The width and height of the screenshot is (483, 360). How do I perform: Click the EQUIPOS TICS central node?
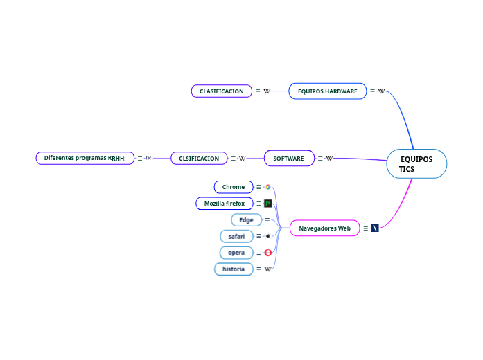click(x=416, y=164)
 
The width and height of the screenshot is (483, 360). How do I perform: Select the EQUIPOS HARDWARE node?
click(x=327, y=91)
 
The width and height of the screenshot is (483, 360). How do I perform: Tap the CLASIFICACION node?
click(x=221, y=91)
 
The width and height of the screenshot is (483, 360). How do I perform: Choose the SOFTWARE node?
click(x=288, y=159)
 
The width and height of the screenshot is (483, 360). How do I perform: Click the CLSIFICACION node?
click(x=199, y=159)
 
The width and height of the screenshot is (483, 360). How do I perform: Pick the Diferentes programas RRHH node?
click(x=85, y=158)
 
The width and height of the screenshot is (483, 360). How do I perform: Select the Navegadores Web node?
click(x=324, y=228)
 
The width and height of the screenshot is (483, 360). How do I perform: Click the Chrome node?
click(x=234, y=187)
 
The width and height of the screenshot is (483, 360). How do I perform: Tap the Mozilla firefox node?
click(x=225, y=204)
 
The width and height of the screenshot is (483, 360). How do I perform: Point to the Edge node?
click(x=246, y=220)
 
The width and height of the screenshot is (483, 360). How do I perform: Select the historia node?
click(x=234, y=269)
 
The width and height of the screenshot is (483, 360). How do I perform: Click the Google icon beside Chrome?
click(x=267, y=187)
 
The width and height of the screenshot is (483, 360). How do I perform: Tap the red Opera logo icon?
click(x=267, y=253)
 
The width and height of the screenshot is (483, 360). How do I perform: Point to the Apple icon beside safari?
click(x=267, y=236)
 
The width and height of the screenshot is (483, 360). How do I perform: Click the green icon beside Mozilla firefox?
click(x=267, y=204)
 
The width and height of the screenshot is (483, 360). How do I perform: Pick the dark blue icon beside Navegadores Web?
click(x=375, y=228)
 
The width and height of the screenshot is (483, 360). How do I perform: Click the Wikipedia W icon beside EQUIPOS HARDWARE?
click(x=381, y=91)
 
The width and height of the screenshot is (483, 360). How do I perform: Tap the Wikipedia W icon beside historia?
click(x=267, y=269)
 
